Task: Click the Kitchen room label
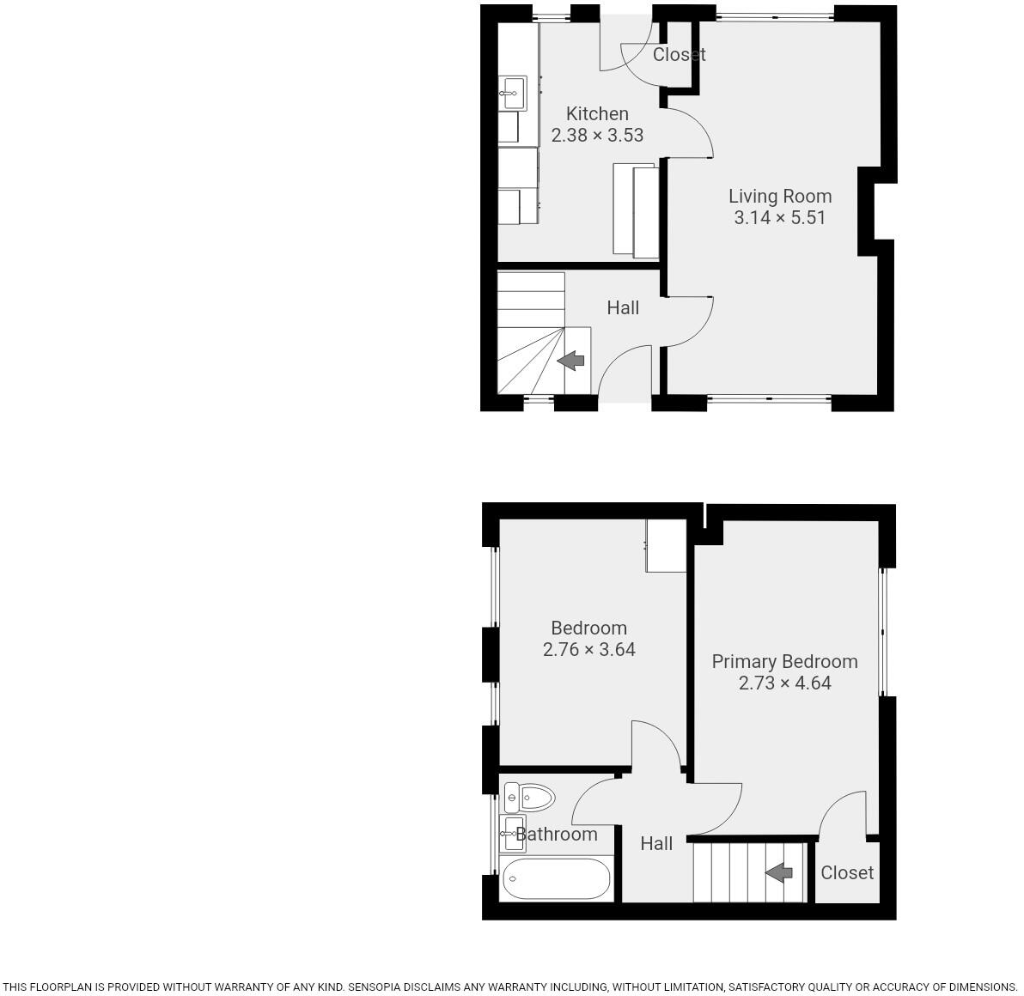click(x=597, y=113)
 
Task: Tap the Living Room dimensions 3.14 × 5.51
click(x=779, y=217)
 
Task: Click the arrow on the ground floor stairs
click(x=571, y=361)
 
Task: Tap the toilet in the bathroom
click(x=529, y=798)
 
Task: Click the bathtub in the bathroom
click(x=556, y=878)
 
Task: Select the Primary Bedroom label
click(x=784, y=661)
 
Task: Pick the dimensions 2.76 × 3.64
click(x=588, y=649)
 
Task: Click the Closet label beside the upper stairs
click(x=846, y=872)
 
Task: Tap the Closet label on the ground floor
click(x=679, y=54)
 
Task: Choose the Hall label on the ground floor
click(x=623, y=307)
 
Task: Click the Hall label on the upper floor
click(x=656, y=843)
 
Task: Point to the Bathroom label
click(x=557, y=834)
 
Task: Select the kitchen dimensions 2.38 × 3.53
click(x=597, y=135)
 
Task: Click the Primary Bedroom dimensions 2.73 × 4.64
click(x=784, y=683)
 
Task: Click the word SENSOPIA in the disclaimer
click(x=381, y=987)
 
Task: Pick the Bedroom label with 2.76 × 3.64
click(x=588, y=628)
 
